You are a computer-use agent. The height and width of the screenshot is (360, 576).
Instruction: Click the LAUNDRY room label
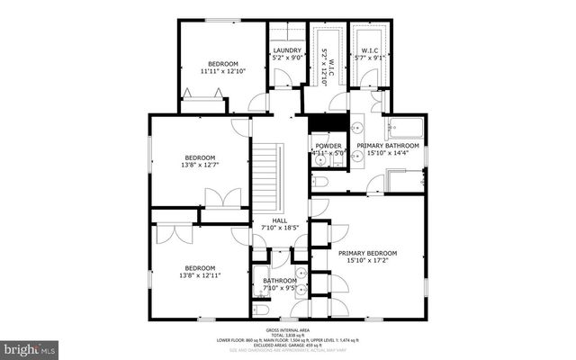[287, 50]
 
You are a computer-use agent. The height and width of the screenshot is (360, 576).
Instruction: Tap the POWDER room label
[328, 146]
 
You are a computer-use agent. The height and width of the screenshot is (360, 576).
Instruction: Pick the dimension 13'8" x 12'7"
[200, 166]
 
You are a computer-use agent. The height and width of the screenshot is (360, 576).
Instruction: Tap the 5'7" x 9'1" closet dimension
[369, 58]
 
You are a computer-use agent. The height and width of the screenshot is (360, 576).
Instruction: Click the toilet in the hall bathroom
[261, 310]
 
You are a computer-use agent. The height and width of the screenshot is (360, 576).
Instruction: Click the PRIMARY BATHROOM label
[387, 146]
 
